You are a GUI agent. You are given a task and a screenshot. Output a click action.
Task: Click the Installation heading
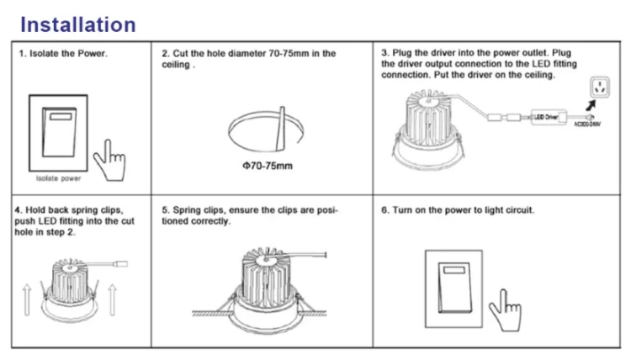tap(77, 24)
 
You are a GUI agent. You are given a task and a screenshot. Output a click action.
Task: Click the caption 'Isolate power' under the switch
tap(58, 179)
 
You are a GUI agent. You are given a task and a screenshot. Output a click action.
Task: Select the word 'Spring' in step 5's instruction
tap(188, 209)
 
